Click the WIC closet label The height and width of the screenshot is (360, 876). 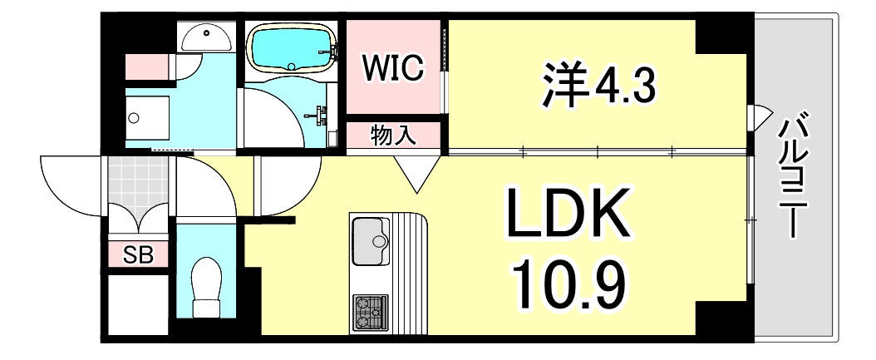(x=392, y=68)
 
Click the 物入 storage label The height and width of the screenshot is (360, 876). (x=394, y=136)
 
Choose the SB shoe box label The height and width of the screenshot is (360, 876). (x=138, y=255)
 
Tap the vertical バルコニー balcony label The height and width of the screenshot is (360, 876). (x=790, y=175)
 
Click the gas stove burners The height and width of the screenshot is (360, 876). (x=370, y=313)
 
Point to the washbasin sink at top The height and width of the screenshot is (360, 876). (x=206, y=37)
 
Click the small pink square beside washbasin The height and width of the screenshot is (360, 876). (x=146, y=67)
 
